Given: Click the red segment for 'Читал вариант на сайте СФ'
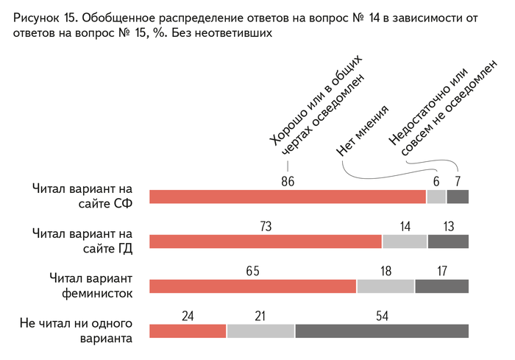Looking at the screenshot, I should click(287, 197).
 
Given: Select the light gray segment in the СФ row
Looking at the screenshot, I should click(436, 197).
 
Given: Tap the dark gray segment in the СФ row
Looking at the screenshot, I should click(458, 197).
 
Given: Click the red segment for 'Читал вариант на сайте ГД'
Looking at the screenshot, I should click(266, 241).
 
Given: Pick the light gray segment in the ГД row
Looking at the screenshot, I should click(405, 241).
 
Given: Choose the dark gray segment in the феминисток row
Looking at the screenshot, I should click(441, 286).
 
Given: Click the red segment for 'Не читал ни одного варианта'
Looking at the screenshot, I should click(188, 331).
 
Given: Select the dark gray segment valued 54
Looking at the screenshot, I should click(382, 331).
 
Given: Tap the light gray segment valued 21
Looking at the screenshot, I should click(260, 331).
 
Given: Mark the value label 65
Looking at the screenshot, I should click(252, 272).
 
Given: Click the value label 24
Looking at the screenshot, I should click(188, 317).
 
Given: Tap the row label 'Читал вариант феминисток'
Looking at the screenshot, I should click(90, 286).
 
